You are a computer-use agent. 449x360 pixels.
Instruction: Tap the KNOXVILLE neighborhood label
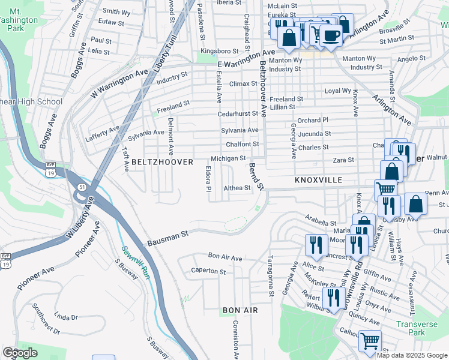point(318,180)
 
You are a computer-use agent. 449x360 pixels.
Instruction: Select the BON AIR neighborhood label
point(240,310)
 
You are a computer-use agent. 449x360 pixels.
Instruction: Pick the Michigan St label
point(229,158)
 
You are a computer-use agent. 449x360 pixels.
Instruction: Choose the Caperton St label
point(208,272)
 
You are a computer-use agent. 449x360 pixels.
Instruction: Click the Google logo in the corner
point(20,353)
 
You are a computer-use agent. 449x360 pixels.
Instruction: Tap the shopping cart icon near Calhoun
point(370,341)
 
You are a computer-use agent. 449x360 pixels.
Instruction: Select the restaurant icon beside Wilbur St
point(333,297)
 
